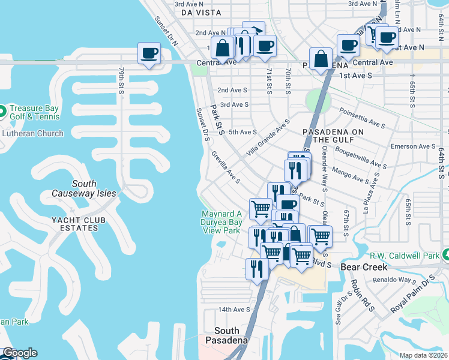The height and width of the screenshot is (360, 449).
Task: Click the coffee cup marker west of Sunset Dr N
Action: [149, 53]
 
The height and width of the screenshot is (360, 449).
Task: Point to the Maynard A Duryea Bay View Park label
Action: [221, 221]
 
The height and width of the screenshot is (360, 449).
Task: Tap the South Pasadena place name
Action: [226, 335]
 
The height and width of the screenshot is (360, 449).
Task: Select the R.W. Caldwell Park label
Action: [404, 255]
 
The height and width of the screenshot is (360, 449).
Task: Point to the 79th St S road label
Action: [121, 80]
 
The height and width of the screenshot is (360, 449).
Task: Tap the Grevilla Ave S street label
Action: [226, 167]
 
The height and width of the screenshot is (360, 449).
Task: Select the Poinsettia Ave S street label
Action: [362, 117]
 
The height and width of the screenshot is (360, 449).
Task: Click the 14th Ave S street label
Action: [234, 310]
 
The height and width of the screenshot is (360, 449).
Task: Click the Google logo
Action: [20, 353]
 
